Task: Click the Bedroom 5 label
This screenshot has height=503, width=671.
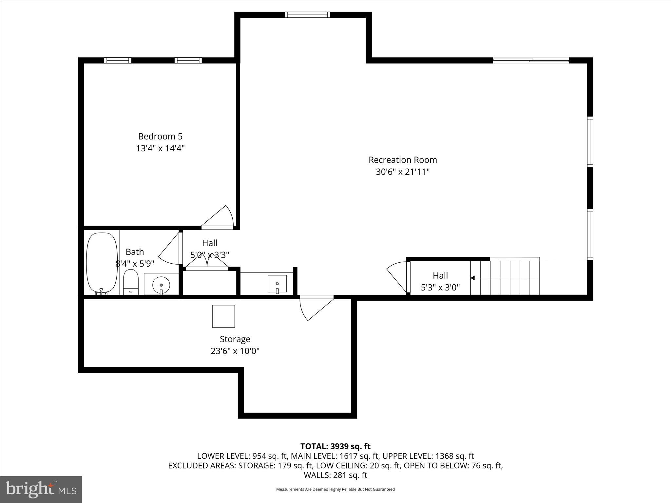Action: [160, 136]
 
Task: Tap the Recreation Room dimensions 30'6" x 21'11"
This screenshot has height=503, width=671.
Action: [402, 172]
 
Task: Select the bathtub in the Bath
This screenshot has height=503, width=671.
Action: [102, 263]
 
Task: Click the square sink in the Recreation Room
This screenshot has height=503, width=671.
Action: [277, 284]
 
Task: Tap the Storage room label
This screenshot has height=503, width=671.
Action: [235, 339]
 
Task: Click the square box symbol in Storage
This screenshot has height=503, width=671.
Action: [223, 316]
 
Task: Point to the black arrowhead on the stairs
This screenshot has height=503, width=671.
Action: [472, 278]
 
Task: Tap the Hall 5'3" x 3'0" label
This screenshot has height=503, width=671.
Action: [440, 281]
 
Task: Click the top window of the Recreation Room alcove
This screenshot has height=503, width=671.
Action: [307, 14]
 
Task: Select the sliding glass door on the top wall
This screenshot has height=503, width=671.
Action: [531, 60]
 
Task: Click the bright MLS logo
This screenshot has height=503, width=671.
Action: [41, 489]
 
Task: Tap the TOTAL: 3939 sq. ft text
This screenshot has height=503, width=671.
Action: [335, 446]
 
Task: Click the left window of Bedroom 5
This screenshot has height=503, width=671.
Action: [118, 60]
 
